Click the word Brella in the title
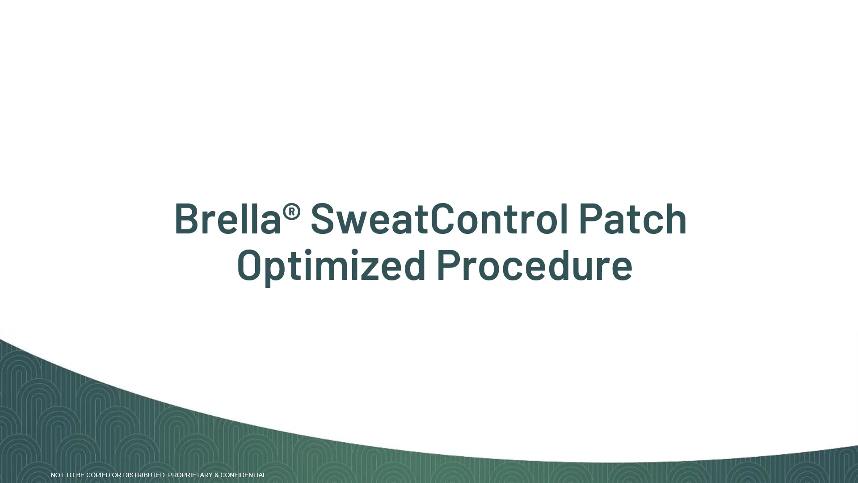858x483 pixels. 227,219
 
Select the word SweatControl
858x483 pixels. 439,219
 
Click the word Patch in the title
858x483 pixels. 632,219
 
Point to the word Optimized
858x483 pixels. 331,266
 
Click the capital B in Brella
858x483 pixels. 186,219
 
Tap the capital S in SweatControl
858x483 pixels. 323,219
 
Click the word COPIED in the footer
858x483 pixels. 98,475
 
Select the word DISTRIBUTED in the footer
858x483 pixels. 144,475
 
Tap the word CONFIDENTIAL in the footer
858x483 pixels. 243,475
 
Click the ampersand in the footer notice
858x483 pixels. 217,475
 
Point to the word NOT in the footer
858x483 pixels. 57,475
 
